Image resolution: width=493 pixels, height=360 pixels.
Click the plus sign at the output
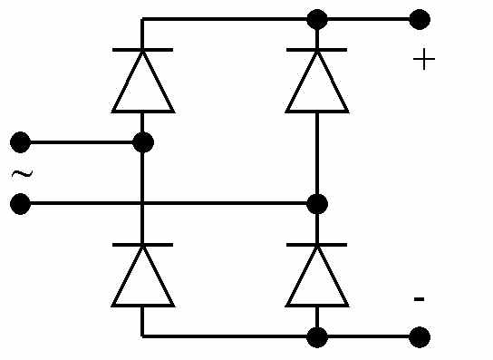(x=424, y=59)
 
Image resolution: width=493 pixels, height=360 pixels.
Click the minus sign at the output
(x=419, y=298)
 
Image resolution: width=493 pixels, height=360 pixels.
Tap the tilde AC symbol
(x=22, y=174)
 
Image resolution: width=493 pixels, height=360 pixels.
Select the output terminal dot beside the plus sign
(x=420, y=20)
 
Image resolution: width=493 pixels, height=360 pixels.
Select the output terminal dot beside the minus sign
(x=420, y=337)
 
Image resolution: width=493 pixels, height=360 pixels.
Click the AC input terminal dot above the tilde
(x=21, y=142)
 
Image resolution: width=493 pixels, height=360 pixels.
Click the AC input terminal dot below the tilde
(x=21, y=204)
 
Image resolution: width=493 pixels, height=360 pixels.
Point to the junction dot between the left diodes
(x=143, y=142)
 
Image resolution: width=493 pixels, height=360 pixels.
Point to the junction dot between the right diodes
(x=317, y=204)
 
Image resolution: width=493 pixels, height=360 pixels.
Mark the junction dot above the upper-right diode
(x=317, y=20)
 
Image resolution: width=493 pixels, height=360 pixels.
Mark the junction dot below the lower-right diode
(x=317, y=337)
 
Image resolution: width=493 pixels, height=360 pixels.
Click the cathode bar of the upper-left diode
(x=143, y=50)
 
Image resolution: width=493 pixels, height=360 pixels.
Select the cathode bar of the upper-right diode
(x=317, y=50)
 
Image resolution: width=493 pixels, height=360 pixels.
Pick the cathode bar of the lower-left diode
(x=143, y=245)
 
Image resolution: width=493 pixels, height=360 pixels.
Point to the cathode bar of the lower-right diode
(x=317, y=245)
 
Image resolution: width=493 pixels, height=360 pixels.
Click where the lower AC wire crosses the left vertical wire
(x=142, y=204)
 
